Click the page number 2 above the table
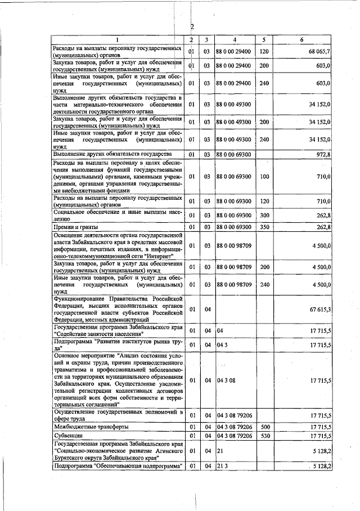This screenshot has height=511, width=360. point(192,27)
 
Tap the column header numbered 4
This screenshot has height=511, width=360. point(234,39)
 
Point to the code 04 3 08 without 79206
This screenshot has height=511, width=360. point(226,380)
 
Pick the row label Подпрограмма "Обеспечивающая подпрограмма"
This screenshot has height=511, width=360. point(118,467)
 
